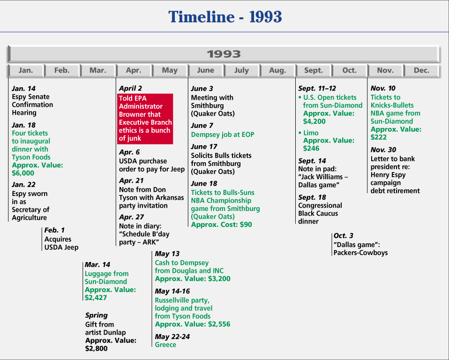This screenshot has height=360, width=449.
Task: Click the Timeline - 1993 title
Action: (225, 16)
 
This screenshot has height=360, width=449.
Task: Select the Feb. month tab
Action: (62, 70)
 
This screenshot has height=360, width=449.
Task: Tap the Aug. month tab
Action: (277, 70)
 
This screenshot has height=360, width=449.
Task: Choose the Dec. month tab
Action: (421, 70)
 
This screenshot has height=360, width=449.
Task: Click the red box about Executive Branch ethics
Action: (145, 119)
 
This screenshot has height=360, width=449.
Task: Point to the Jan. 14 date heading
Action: (23, 89)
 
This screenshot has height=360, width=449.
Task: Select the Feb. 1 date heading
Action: (54, 230)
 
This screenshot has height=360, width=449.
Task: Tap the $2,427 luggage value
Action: (96, 298)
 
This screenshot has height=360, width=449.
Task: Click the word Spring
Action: (97, 315)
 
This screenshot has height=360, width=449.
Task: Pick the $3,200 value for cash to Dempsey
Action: (219, 278)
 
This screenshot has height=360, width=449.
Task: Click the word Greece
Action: (165, 345)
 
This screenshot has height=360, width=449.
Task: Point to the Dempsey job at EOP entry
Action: (223, 135)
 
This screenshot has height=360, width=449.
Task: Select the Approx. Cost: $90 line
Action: (221, 225)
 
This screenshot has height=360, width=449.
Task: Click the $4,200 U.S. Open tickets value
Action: (314, 121)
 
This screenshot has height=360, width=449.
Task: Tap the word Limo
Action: (311, 133)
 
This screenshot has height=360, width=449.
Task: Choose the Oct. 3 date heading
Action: (344, 236)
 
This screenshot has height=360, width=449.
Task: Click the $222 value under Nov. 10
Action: (379, 137)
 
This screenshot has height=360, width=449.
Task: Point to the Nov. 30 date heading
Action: (383, 150)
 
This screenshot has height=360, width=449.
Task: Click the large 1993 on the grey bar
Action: (224, 54)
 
